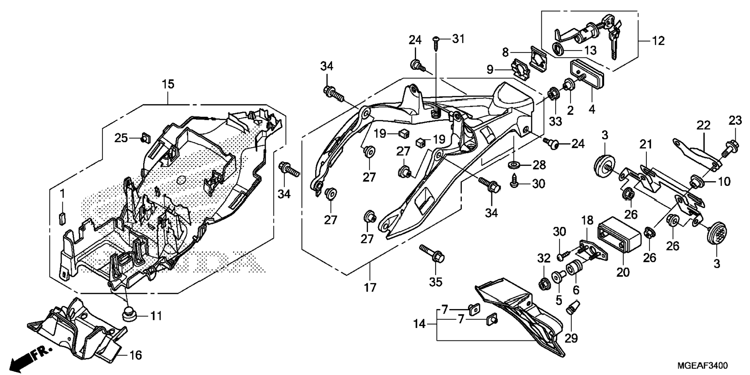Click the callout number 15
tap(168, 84)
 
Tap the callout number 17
tap(370, 288)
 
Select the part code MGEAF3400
tap(702, 366)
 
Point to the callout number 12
tap(658, 41)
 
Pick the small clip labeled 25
tap(146, 137)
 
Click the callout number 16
tap(135, 355)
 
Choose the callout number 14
tap(420, 324)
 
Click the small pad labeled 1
tap(62, 217)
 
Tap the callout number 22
tap(703, 125)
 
